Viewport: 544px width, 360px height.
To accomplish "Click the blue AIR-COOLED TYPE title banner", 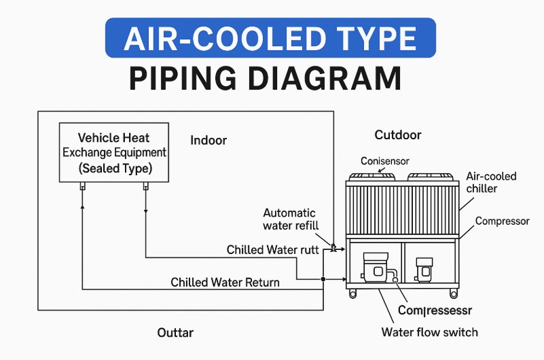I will click(270, 37).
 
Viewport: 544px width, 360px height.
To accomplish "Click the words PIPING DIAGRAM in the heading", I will click(265, 78).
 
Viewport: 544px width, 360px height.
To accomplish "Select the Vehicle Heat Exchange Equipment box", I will click(114, 152).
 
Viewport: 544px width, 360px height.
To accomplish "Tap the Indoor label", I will click(208, 141).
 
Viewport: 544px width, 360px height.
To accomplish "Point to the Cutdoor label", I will click(398, 135).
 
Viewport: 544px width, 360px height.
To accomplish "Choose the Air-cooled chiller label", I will click(491, 182).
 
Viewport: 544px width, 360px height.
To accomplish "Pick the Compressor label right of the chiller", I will click(502, 221).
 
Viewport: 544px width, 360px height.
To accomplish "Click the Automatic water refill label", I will click(291, 219).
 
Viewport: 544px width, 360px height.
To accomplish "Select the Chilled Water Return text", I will click(225, 282).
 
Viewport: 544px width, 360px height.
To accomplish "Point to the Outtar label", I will click(175, 332).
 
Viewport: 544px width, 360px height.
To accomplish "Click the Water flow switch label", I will click(429, 332).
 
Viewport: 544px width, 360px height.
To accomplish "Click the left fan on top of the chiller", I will click(371, 176).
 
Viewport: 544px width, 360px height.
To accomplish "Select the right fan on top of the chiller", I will click(429, 176).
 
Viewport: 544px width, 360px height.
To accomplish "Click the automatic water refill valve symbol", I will click(333, 249).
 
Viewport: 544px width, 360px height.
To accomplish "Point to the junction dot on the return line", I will click(323, 279).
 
